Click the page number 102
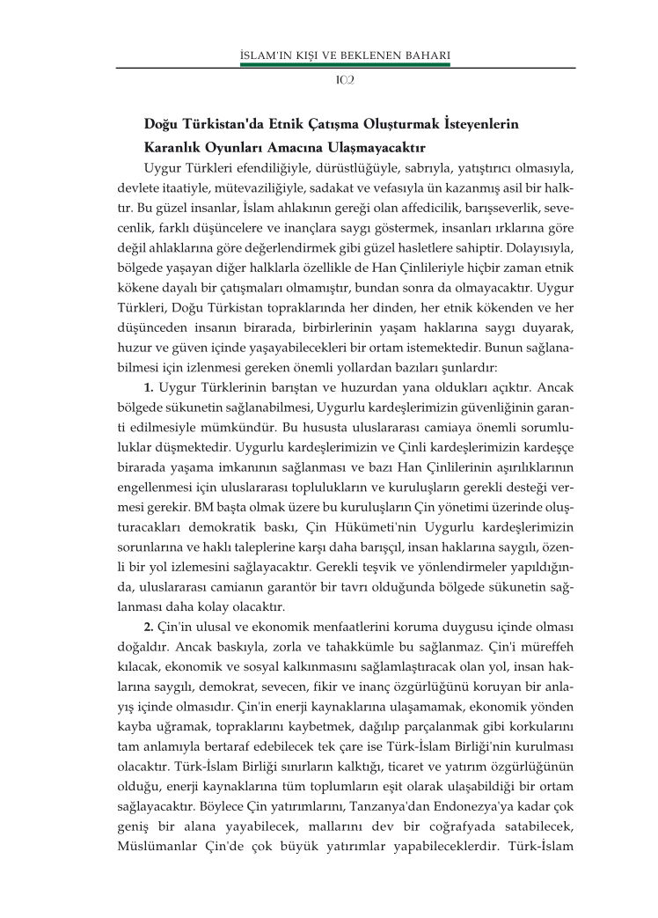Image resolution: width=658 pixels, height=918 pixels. pos(345,80)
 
